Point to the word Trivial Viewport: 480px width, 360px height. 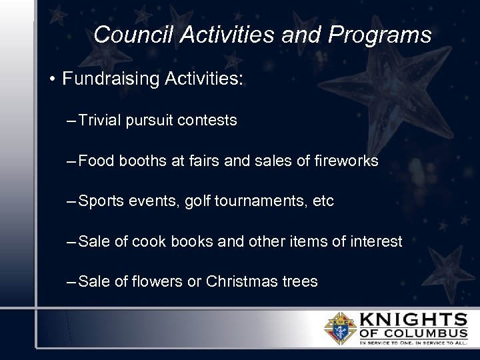[99, 121]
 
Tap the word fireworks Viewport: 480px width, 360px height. [347, 161]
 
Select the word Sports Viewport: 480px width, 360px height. [101, 201]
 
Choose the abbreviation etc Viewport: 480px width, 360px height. [323, 201]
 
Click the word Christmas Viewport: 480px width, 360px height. [237, 281]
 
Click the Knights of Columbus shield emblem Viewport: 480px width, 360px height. [340, 328]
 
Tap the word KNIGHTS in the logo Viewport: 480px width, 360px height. [413, 319]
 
